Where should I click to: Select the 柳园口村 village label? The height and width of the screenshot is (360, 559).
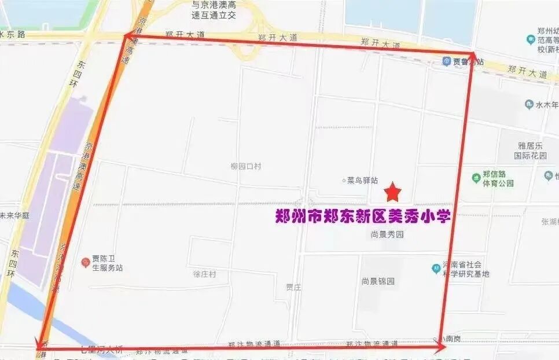pos(245,166)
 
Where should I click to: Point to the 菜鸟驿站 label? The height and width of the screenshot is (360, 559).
pos(362,181)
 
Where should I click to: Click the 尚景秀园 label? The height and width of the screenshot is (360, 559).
pos(387,234)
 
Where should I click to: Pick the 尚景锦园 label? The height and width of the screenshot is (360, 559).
pos(378,281)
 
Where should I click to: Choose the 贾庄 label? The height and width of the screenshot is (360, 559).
pos(293,287)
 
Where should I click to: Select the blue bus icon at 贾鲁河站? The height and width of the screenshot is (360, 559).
pos(446,61)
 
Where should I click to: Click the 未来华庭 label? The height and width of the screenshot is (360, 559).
pos(14,215)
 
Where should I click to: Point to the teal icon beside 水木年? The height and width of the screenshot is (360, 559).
pos(528,105)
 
